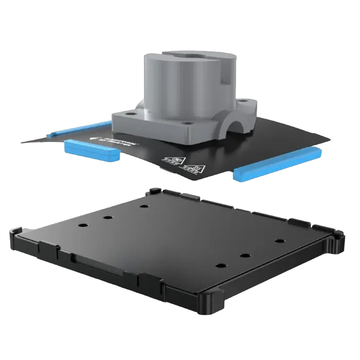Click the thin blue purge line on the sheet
pyautogui.click(x=77, y=129)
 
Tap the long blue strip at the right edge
pyautogui.click(x=278, y=164)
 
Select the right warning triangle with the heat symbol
pyautogui.click(x=196, y=167)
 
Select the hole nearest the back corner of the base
pyautogui.click(x=143, y=206)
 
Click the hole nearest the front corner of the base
pyautogui.click(x=220, y=265)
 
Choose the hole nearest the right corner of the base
pyautogui.click(x=279, y=241)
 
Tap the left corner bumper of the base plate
pyautogui.click(x=15, y=238)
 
